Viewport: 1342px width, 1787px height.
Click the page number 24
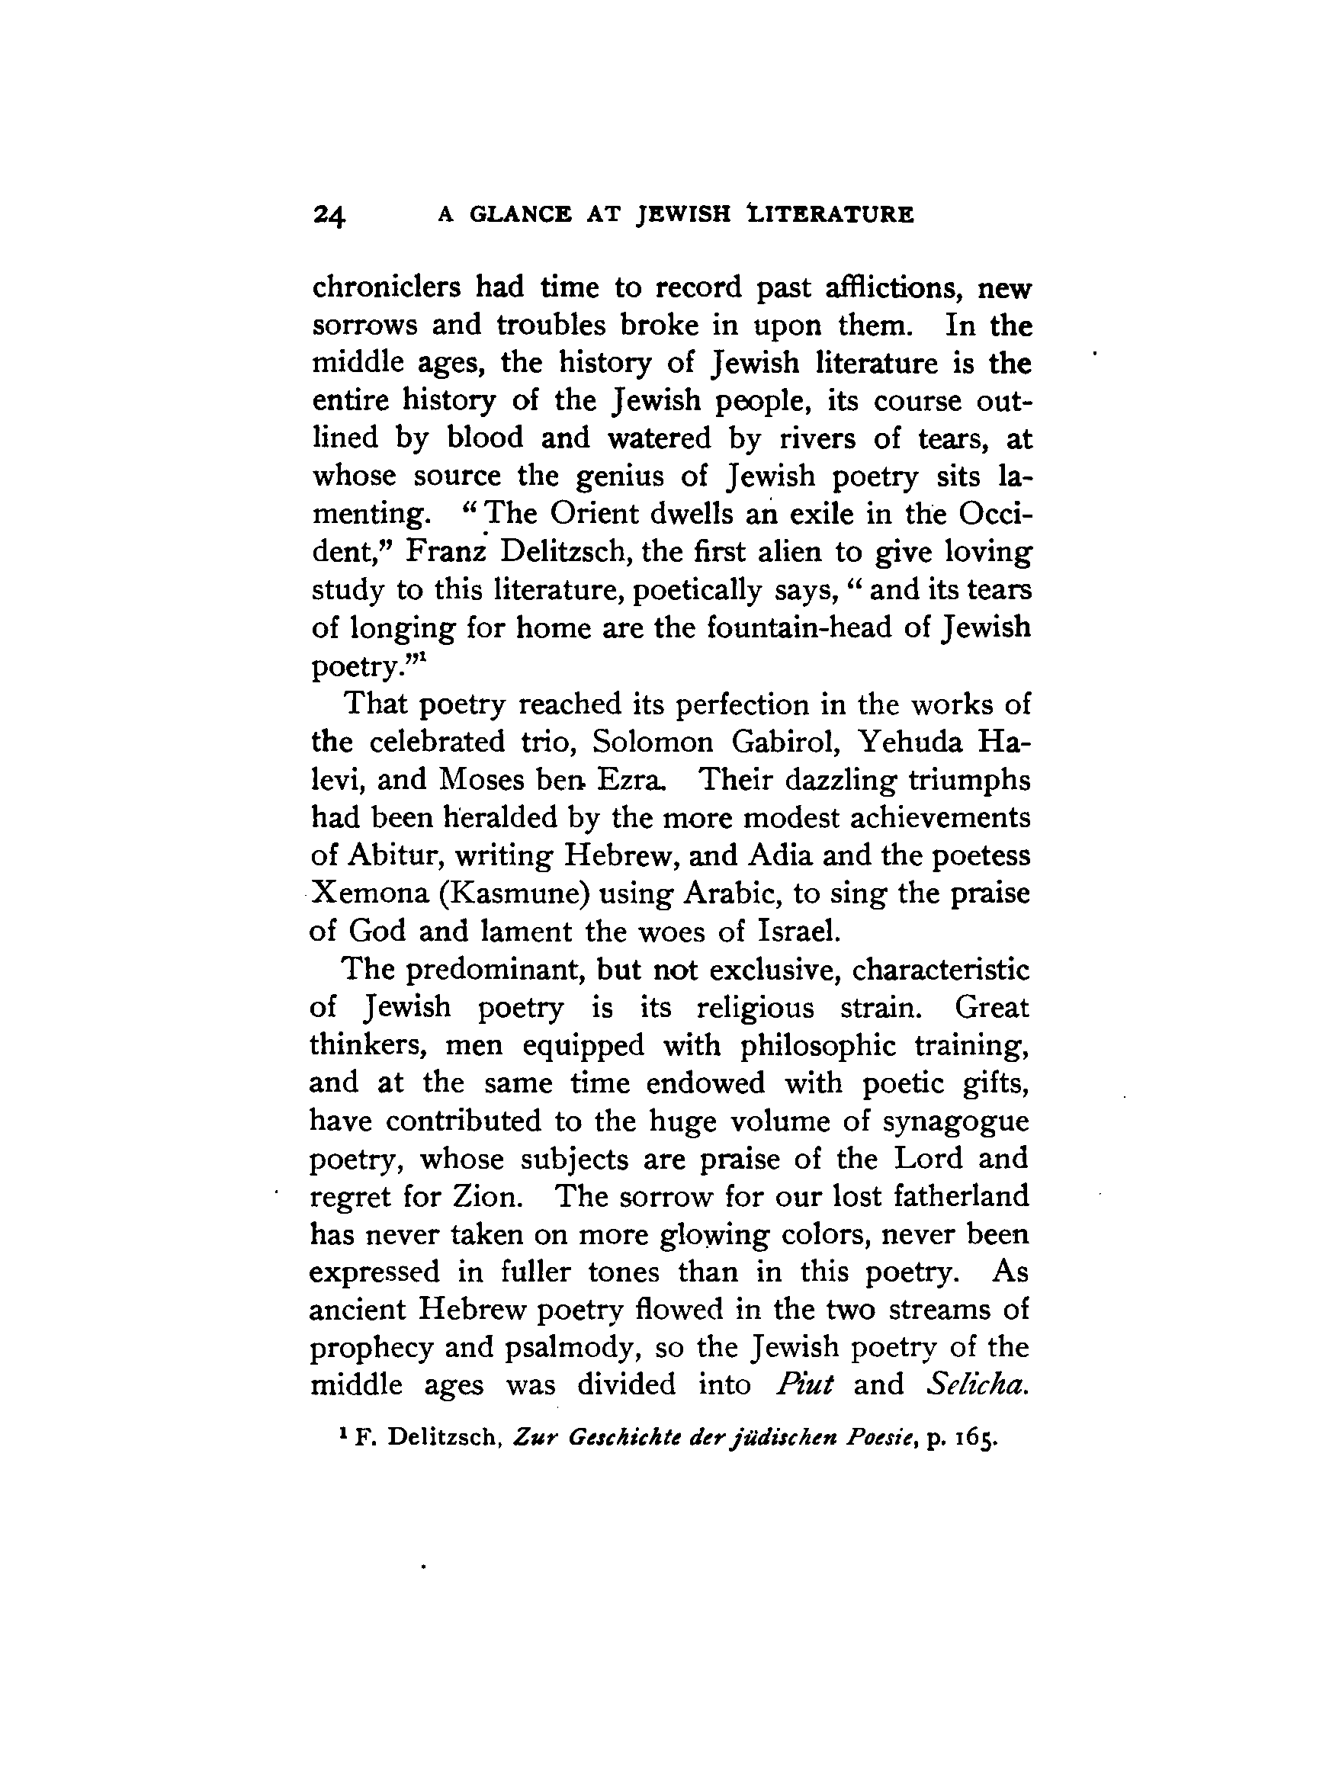pos(329,216)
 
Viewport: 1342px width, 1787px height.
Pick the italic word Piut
pos(803,1384)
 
